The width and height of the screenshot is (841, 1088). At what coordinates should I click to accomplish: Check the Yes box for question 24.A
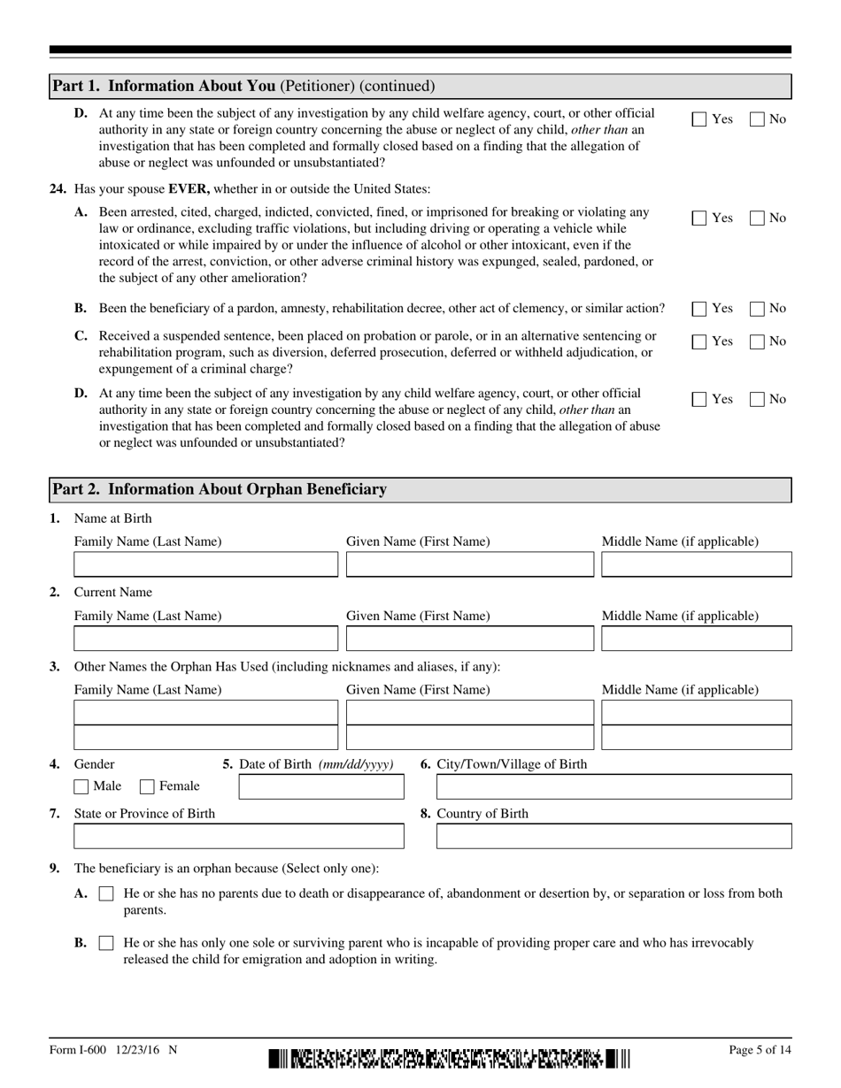tap(699, 218)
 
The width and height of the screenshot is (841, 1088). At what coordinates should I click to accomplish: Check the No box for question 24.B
tap(758, 309)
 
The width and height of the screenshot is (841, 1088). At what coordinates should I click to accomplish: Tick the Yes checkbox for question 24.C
tap(699, 341)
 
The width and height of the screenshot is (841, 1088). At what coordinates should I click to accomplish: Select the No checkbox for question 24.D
tap(758, 400)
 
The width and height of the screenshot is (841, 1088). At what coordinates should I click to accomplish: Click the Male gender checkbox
tap(81, 786)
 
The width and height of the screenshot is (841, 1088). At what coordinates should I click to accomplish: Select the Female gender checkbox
tap(148, 786)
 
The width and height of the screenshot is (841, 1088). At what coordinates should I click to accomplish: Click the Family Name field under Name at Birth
tap(205, 564)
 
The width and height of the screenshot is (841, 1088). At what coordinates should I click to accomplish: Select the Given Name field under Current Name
tap(469, 639)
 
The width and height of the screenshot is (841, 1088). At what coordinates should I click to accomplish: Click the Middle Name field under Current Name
tap(696, 639)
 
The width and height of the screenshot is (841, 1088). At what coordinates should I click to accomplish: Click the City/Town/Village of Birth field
tap(613, 786)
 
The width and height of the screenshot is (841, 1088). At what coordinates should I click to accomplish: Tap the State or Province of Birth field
tap(238, 836)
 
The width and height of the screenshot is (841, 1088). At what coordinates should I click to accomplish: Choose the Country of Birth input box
tap(613, 836)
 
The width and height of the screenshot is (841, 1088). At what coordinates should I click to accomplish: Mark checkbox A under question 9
tap(106, 894)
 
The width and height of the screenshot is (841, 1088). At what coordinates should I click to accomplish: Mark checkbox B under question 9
tap(106, 944)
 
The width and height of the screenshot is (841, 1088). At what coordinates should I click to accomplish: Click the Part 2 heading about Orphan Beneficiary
tap(220, 489)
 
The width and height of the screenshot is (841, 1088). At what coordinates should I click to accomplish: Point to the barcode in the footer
tap(449, 1058)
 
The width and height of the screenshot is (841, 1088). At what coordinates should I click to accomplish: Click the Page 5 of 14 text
tap(759, 1050)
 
